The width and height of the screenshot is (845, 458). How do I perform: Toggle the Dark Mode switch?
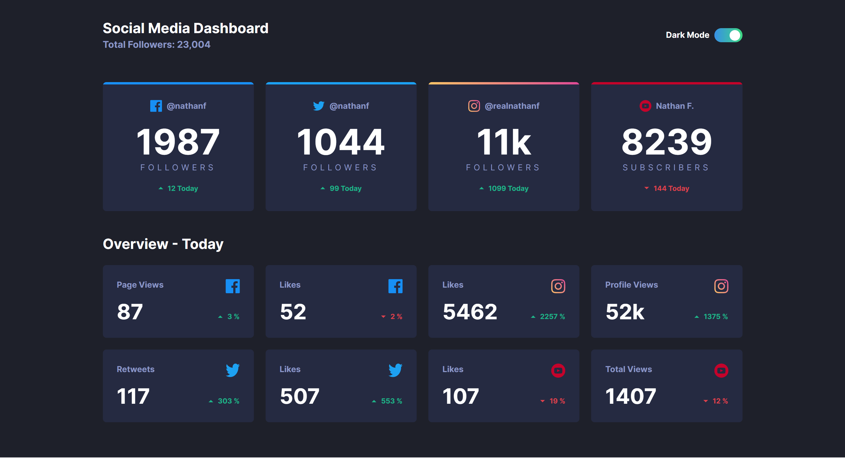[728, 35]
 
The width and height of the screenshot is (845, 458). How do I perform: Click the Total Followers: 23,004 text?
[156, 45]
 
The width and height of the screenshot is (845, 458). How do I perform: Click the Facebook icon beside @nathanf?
[156, 106]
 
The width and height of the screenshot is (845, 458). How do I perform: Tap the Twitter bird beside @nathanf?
[318, 106]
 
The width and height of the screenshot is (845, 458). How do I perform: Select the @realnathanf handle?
[512, 106]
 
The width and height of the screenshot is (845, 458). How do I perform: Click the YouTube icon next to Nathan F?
[645, 106]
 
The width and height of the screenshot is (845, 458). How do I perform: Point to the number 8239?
[666, 142]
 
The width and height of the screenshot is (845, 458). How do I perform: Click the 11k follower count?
[503, 142]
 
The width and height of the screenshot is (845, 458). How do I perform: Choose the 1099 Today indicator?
[508, 188]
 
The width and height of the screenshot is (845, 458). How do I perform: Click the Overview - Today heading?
[163, 244]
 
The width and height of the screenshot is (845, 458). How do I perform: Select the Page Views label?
[140, 285]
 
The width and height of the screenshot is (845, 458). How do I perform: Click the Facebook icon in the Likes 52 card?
[395, 286]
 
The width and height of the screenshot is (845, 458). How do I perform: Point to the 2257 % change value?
[552, 316]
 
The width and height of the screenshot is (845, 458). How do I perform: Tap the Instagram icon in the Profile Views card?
[721, 286]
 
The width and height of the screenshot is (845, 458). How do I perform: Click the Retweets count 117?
[133, 396]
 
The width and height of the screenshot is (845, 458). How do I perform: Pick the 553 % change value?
[391, 401]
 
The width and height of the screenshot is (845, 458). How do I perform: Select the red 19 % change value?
[557, 401]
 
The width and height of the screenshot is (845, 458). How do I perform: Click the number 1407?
[631, 396]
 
